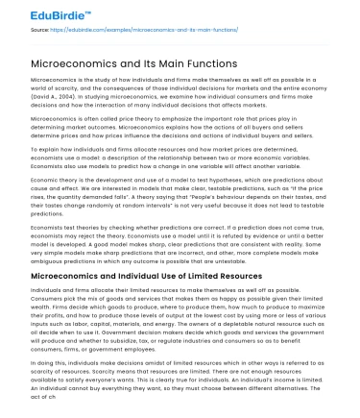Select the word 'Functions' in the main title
(223, 63)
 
